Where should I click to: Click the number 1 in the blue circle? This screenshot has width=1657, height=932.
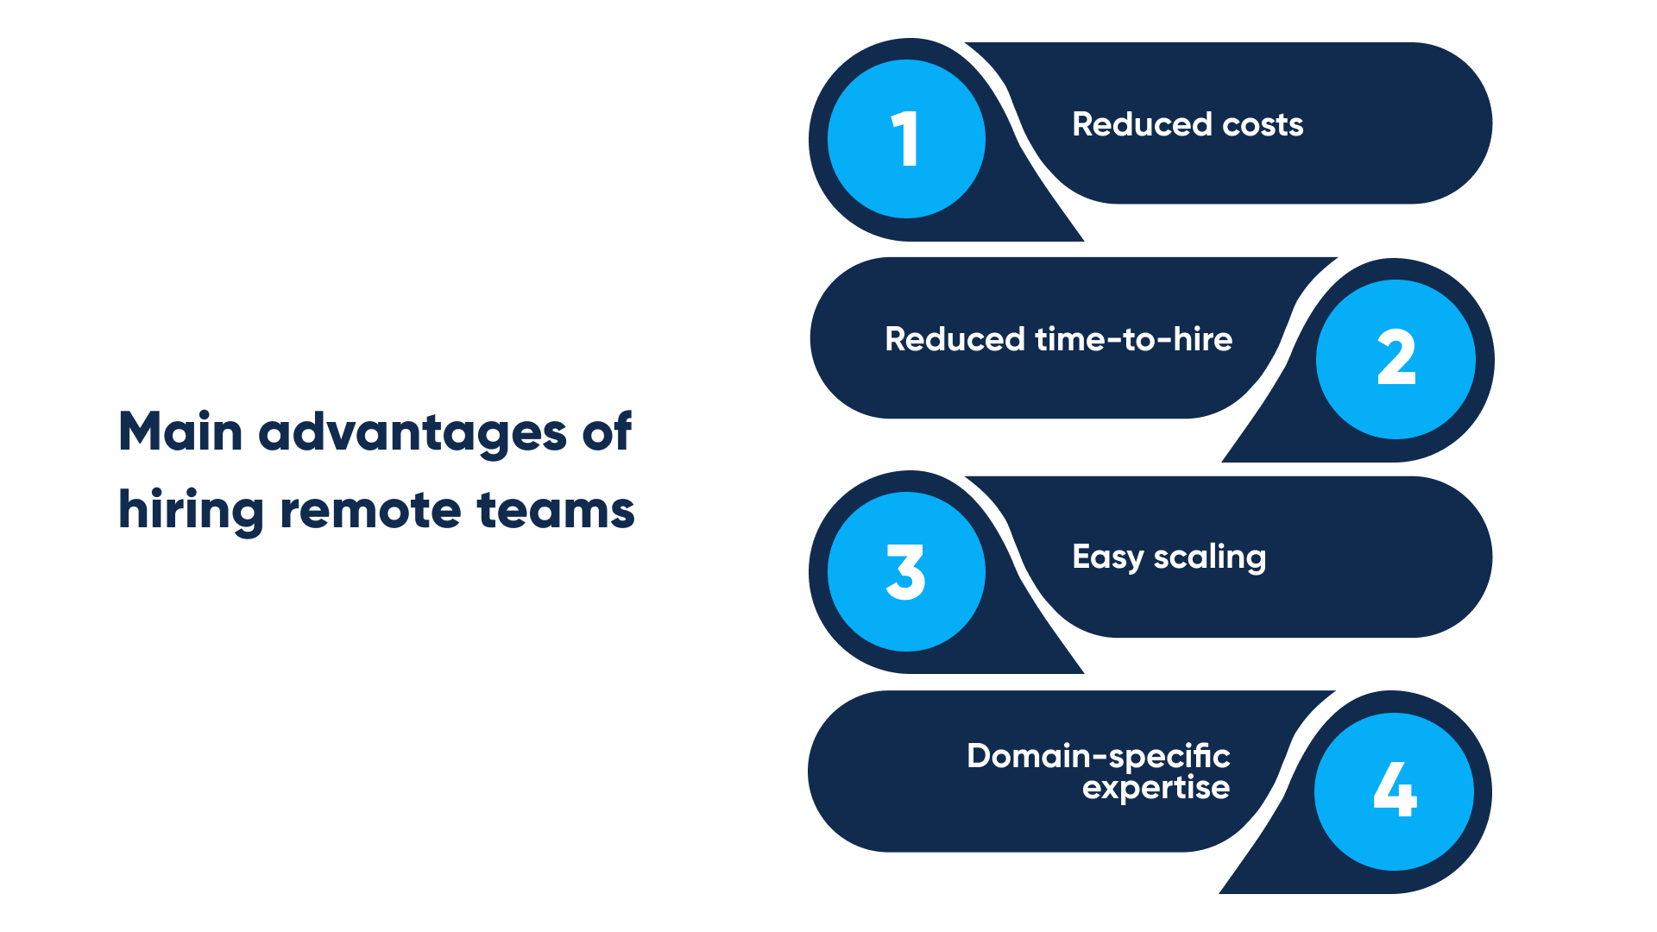[x=905, y=139]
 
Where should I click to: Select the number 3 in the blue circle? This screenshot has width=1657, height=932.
[x=905, y=571]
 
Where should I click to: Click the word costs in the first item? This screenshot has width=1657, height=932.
[x=1263, y=125]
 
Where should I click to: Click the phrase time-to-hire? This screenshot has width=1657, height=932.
[x=1133, y=340]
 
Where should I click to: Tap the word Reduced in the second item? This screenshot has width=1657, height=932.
[x=955, y=340]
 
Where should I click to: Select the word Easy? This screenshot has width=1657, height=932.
[x=1107, y=557]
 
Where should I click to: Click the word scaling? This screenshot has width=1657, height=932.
[x=1210, y=557]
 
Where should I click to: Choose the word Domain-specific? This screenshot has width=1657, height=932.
[x=1098, y=756]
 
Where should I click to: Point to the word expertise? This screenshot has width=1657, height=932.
[x=1156, y=787]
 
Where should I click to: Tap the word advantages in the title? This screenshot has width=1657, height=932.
[x=412, y=433]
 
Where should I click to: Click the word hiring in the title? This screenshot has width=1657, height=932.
[x=191, y=511]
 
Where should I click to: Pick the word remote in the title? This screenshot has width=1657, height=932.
[x=370, y=511]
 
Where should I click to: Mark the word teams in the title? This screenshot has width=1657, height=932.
[x=555, y=511]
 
